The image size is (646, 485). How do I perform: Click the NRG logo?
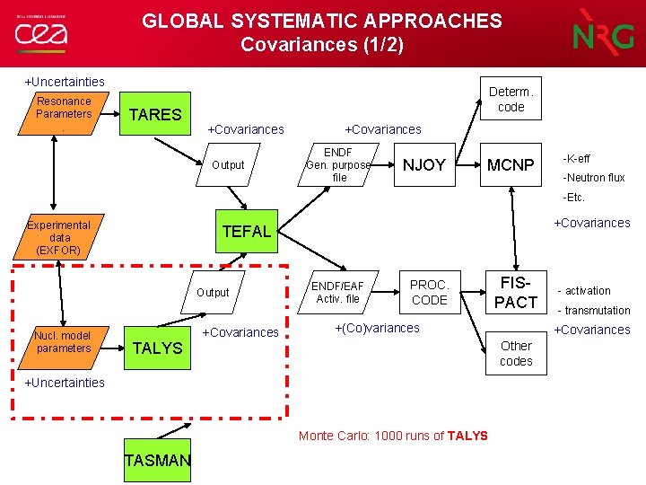coord(603,33)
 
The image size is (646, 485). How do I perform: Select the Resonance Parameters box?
coord(64,109)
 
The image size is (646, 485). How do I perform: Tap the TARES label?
coord(156,114)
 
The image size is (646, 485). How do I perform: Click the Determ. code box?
coord(511,99)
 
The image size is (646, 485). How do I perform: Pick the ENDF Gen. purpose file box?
coord(338,165)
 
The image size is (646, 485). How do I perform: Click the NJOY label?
coord(424,165)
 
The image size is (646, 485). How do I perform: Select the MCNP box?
coord(511,166)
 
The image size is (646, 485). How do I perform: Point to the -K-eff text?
coord(576,159)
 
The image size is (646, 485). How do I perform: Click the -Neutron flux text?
coord(593,178)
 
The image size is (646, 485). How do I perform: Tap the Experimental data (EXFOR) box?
coord(59,237)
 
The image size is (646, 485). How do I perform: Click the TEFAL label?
coord(247,232)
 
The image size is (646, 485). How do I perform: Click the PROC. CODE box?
coord(429,292)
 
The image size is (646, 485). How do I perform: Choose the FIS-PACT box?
coord(516,292)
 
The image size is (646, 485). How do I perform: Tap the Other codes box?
coord(516,353)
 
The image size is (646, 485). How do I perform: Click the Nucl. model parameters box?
coord(64,342)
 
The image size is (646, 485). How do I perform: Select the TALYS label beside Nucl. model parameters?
coord(157,348)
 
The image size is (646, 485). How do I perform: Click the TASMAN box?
coord(158,461)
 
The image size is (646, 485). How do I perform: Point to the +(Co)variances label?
coord(377,328)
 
